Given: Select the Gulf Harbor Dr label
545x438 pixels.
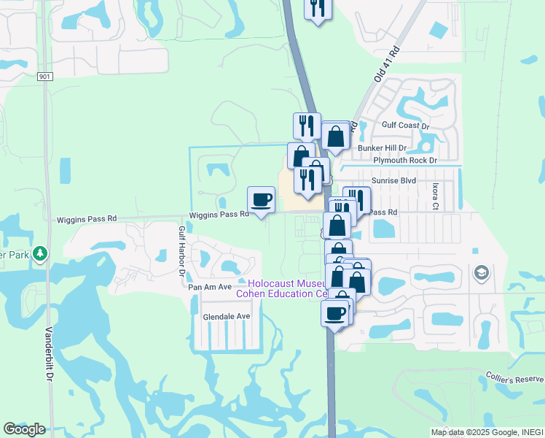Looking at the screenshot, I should (182, 251).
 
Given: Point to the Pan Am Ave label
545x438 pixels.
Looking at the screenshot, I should (210, 287).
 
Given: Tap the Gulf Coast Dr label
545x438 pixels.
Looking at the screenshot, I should (405, 126).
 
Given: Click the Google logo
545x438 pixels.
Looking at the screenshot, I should (24, 429).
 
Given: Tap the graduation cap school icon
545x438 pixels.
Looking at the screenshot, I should (481, 273).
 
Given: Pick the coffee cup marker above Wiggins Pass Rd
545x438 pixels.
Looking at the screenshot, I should (262, 199).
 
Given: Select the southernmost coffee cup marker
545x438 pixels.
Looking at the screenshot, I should (334, 313).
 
